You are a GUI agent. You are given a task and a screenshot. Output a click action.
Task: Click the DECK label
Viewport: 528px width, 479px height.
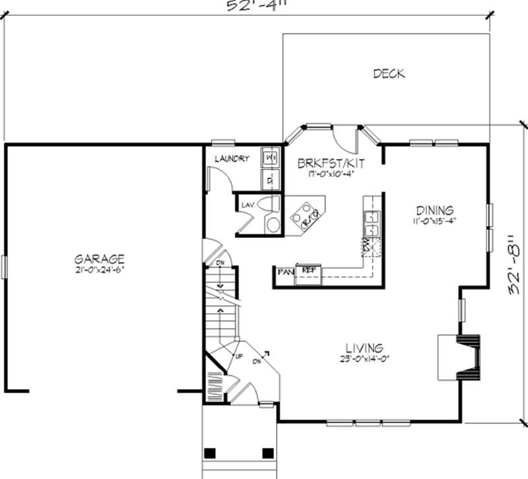coord(389,73)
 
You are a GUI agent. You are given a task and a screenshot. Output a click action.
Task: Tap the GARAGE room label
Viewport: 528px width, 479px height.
coord(99,259)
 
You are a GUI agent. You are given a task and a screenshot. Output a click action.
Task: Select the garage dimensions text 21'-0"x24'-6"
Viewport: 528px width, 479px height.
coord(99,270)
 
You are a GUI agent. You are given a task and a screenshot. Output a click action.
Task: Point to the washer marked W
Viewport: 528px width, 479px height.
coord(271,158)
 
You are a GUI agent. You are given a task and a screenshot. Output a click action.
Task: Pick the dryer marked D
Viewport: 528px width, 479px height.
coord(271,178)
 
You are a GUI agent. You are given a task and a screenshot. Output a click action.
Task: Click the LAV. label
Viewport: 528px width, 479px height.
coord(247,205)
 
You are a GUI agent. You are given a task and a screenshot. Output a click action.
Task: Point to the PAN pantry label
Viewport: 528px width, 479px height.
coord(285,271)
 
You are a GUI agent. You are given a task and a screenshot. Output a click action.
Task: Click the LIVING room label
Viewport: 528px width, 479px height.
coord(364,348)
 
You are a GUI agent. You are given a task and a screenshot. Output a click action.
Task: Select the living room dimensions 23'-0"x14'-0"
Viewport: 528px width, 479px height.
coord(364,359)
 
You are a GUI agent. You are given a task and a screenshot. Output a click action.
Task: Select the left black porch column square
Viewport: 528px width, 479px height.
coord(209,453)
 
